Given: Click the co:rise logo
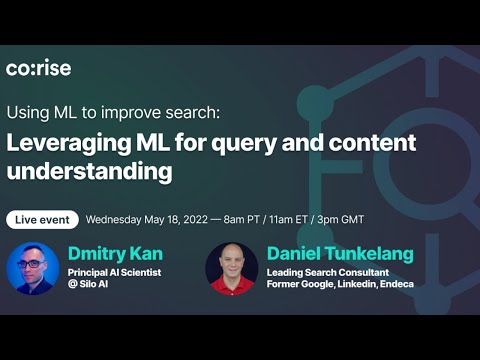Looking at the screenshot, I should (39, 68).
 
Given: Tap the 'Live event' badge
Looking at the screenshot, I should (41, 219).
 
